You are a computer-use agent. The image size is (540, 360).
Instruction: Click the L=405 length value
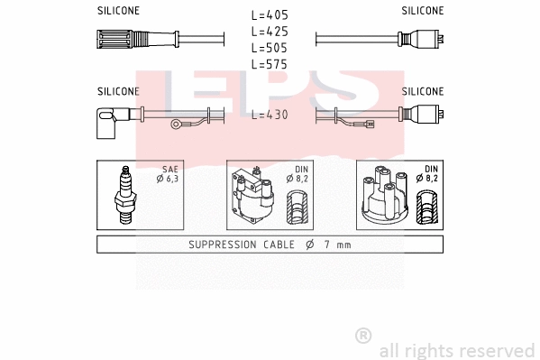point(270,15)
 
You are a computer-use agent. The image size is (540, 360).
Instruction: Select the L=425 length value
point(270,32)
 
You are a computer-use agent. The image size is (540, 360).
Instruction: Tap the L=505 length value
point(270,48)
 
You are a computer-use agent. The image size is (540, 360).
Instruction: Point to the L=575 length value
point(270,64)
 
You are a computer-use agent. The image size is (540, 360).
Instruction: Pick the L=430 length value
point(270,115)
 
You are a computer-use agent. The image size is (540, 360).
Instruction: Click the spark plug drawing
point(126,194)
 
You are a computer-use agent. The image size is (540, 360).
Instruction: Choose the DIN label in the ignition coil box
point(299,170)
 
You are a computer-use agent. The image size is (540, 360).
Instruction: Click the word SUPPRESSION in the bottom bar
point(224,245)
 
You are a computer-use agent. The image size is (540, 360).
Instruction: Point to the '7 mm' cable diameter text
point(338,245)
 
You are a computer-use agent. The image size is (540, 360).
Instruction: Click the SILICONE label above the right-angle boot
point(118,91)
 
